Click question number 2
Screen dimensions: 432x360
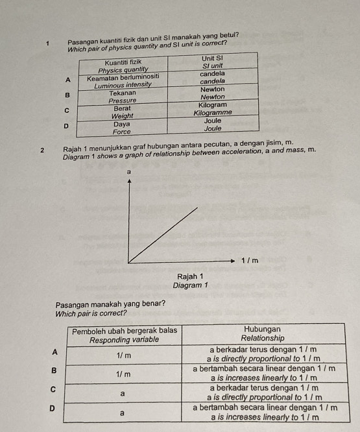coord(42,150)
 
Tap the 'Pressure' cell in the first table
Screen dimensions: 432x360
coord(123,101)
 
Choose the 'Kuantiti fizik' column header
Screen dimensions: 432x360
coord(123,62)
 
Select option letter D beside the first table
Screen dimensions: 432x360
coord(65,124)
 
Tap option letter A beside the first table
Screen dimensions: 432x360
coord(65,80)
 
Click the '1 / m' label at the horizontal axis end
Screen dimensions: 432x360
coord(250,261)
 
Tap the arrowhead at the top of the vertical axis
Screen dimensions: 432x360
coord(129,182)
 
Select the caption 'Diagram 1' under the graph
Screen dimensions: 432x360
coord(190,285)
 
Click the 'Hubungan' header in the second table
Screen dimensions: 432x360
coord(261,330)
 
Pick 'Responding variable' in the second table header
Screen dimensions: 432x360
coord(123,340)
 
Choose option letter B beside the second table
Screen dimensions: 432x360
coord(55,370)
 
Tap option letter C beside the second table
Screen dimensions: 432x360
coord(55,389)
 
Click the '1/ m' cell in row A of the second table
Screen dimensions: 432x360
coord(123,355)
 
